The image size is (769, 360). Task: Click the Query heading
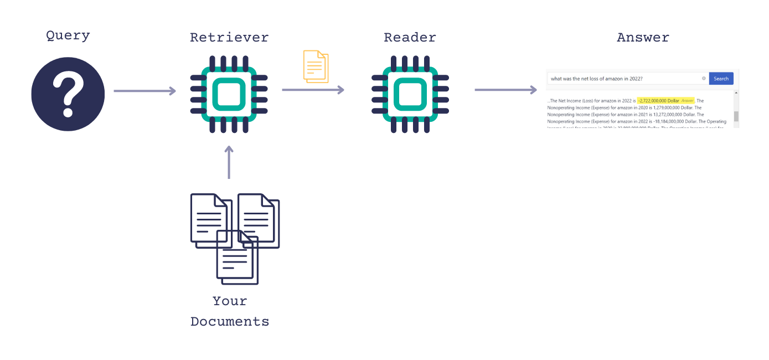click(68, 36)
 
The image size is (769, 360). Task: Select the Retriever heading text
click(229, 38)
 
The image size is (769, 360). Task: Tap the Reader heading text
click(410, 38)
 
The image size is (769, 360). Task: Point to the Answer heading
click(643, 38)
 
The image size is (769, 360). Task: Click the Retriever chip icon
click(229, 94)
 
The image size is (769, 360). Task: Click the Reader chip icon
click(410, 94)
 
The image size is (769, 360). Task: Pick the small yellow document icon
click(316, 66)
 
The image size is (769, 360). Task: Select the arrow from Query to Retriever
click(144, 91)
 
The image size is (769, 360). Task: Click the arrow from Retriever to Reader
click(313, 90)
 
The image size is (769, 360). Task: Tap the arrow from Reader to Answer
click(505, 90)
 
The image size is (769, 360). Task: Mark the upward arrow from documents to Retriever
click(229, 162)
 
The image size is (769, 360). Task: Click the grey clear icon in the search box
click(704, 79)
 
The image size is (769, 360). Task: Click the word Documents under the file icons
click(230, 322)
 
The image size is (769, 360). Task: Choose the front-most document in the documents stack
click(237, 258)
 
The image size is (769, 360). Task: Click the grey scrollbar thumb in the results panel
click(736, 116)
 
